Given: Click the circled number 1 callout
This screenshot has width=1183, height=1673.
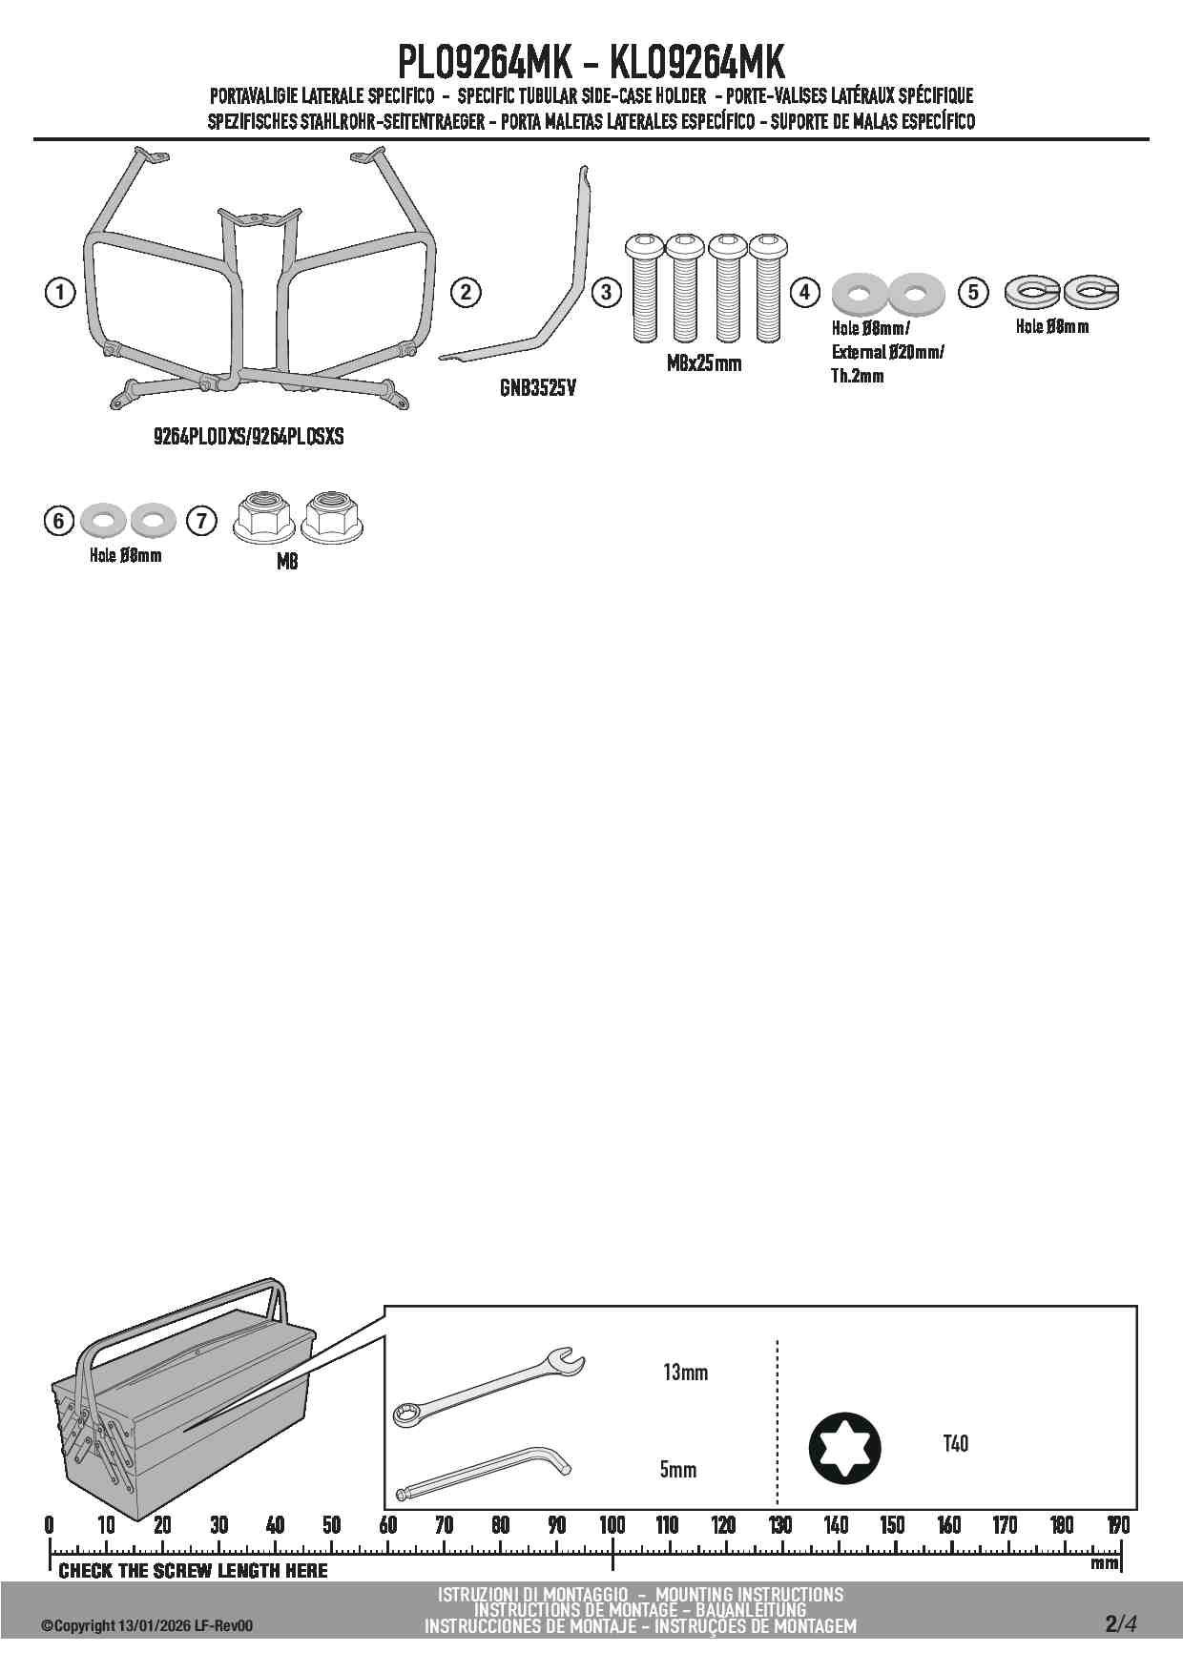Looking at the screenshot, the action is (60, 292).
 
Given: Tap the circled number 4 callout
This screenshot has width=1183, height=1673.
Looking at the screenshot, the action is (805, 292).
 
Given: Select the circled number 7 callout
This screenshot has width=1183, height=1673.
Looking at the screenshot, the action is (201, 521).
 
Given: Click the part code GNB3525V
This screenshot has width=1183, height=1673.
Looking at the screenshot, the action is (538, 389).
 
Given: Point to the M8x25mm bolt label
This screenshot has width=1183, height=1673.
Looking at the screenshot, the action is (704, 363).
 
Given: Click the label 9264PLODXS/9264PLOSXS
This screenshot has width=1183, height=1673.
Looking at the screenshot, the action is (248, 437).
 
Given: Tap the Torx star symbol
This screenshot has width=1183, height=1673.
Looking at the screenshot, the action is (845, 1449).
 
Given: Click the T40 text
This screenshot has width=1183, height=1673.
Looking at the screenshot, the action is (955, 1444).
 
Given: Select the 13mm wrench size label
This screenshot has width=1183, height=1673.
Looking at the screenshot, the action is (685, 1373).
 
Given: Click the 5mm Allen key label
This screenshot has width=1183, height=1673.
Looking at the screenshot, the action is (678, 1470).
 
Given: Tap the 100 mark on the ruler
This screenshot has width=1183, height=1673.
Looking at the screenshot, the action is (612, 1525).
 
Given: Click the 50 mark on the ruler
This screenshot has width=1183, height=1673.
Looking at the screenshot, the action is (331, 1525).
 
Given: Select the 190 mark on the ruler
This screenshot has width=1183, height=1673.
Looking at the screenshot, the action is (1118, 1525).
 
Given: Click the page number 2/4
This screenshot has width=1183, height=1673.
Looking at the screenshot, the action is (1121, 1623).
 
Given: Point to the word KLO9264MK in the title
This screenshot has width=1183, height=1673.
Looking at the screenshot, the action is (696, 63).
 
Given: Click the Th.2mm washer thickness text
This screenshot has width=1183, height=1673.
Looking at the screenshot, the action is (858, 376).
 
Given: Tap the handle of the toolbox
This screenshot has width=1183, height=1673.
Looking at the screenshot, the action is (181, 1319).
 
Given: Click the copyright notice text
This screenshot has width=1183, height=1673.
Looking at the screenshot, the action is (147, 1626).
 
